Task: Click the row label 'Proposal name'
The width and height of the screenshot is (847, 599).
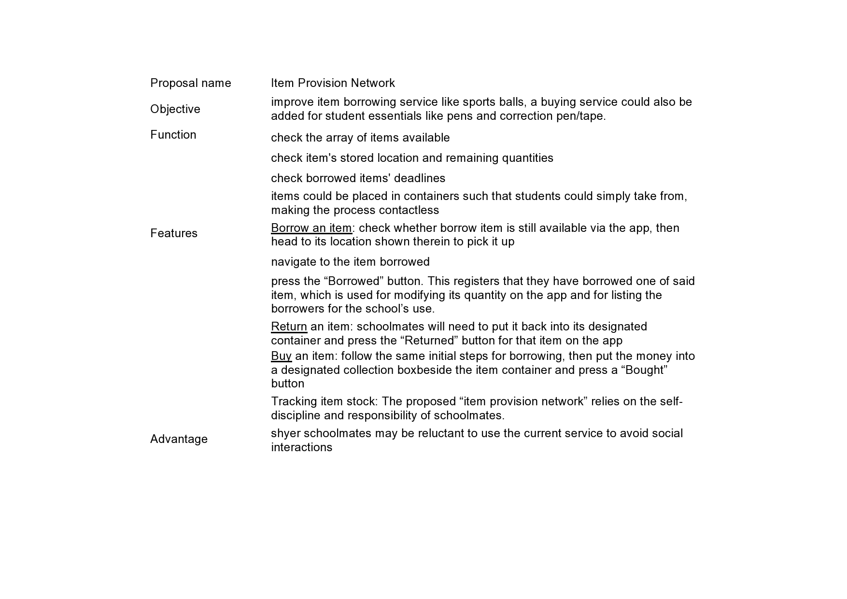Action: point(191,83)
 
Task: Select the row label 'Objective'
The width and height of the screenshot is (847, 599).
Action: point(175,109)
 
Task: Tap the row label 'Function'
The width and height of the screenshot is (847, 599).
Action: point(173,135)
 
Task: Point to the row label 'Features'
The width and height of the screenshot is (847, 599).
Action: point(174,233)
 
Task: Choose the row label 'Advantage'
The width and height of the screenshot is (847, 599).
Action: point(179,439)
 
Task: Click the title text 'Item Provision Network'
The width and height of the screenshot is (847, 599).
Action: point(333,83)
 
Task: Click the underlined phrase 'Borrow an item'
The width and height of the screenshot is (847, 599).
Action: point(311,228)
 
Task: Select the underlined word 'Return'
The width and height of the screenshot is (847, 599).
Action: point(289,327)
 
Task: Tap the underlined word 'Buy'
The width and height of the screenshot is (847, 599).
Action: point(281,356)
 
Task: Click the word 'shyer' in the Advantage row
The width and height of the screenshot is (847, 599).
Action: point(285,433)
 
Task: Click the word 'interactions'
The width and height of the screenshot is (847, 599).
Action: point(302,447)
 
